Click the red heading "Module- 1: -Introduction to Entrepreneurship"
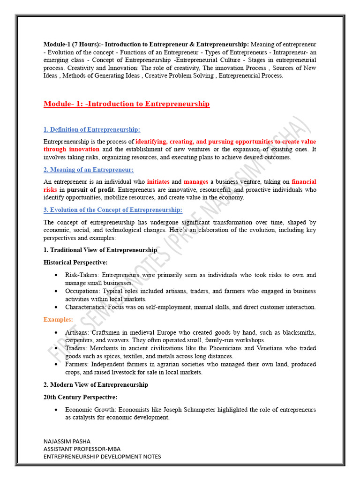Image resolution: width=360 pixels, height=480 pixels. (x=127, y=104)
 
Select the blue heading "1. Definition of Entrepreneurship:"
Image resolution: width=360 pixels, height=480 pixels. (x=92, y=129)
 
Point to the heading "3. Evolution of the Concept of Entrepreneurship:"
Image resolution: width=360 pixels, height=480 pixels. (x=113, y=210)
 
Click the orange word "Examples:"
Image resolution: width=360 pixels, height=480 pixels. (x=58, y=319)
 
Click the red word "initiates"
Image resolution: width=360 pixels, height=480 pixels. (x=158, y=182)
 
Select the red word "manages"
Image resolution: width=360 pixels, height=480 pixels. (x=195, y=182)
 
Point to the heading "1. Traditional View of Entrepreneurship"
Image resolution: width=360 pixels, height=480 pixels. (x=100, y=250)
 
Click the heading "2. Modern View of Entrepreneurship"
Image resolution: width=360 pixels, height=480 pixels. (x=96, y=385)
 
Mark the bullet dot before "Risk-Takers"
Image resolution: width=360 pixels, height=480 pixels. (x=56, y=275)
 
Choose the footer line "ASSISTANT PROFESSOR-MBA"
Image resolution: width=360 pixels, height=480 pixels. (x=82, y=449)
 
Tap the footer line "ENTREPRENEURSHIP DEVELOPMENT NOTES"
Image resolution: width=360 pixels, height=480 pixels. (x=102, y=456)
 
